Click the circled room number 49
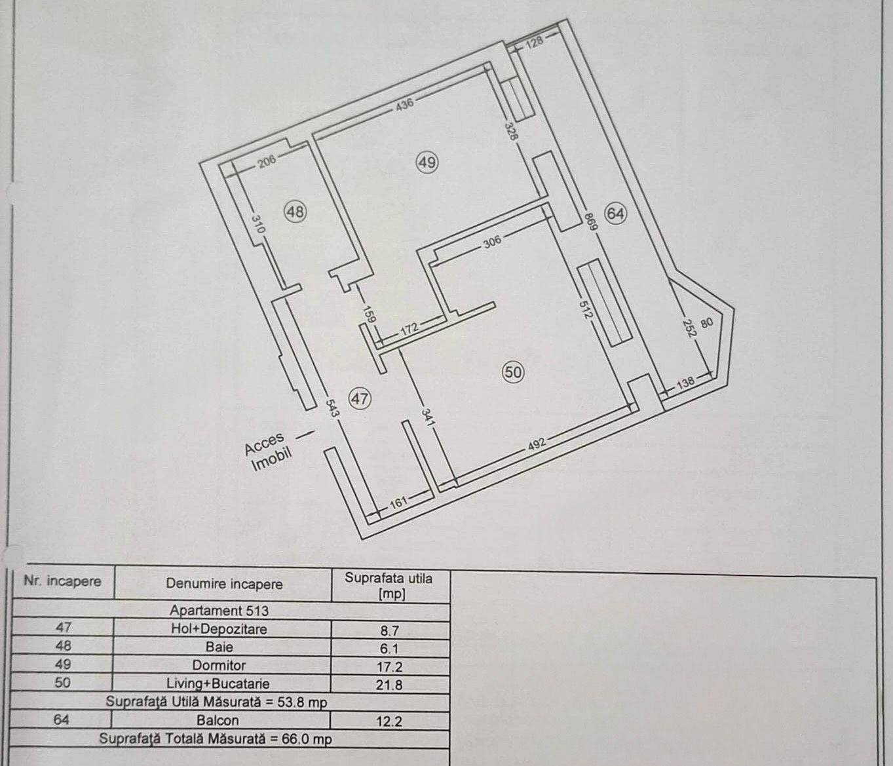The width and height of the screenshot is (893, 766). coord(427,163)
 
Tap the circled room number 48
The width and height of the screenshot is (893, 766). coord(295,212)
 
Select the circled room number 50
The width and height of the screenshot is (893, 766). coord(513,372)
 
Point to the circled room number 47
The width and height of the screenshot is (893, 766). coord(360,398)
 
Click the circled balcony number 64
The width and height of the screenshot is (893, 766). coord(615,214)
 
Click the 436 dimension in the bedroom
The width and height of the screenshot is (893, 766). coord(404,104)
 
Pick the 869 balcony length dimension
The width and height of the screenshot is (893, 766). coord(590,221)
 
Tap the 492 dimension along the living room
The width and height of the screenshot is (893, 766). coord(537,444)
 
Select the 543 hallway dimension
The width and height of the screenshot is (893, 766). coord(332,408)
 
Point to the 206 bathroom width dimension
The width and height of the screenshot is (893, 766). coord(267,162)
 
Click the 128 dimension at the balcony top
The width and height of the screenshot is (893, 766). coord(535,43)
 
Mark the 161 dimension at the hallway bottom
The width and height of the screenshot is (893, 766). coord(398,502)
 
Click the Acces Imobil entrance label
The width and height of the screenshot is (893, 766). coord(268,451)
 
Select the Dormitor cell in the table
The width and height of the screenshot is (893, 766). coord(219,665)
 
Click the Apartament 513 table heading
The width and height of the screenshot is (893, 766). coord(219,611)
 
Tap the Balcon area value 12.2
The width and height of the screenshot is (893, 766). coord(389,721)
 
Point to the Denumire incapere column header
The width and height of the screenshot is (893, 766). coord(224,584)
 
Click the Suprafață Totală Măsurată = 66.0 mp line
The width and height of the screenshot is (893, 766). coord(215,739)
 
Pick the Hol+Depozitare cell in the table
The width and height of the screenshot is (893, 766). coord(219,629)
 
